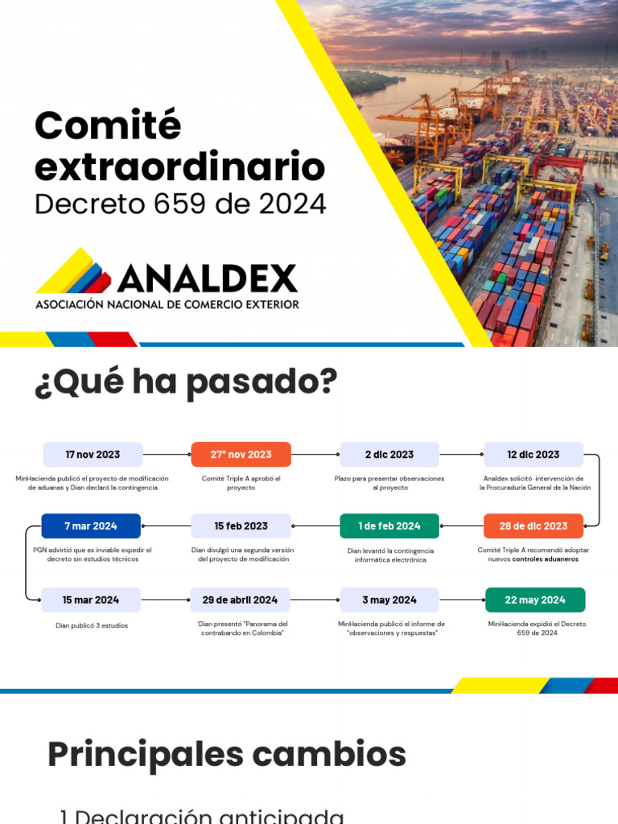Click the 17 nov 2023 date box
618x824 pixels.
(93, 455)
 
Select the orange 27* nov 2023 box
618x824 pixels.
(241, 455)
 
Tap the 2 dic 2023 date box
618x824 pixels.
(389, 455)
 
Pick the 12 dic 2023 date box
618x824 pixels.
(533, 455)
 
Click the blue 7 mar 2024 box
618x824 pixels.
(91, 526)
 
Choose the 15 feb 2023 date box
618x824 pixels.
(241, 526)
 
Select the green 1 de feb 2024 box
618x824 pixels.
(389, 526)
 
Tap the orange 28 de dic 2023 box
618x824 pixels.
(533, 526)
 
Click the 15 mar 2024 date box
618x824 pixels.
(91, 600)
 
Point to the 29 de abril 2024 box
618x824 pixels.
(240, 600)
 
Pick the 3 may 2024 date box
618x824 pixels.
(389, 600)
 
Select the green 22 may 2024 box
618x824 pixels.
(535, 600)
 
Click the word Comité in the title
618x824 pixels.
(108, 127)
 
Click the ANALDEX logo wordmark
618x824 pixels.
(207, 278)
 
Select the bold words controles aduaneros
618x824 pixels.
(545, 559)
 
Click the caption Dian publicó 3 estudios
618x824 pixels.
(92, 625)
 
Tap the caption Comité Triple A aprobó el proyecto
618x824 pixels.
(241, 483)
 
